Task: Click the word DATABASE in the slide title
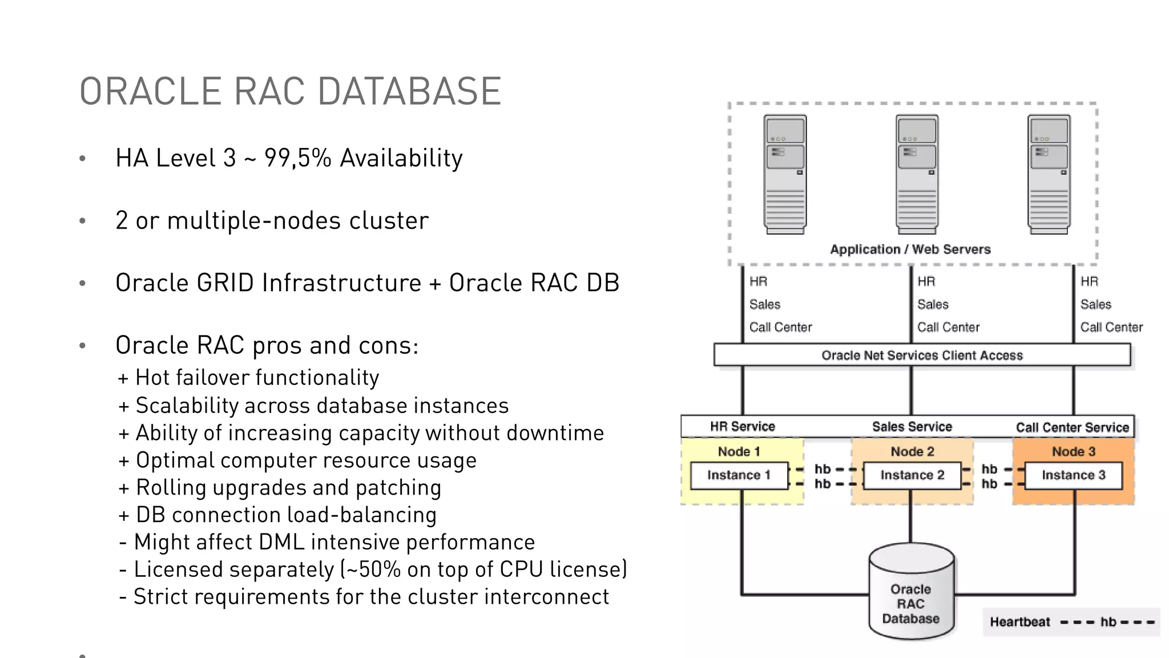[x=409, y=91]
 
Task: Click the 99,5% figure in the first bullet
[x=297, y=158]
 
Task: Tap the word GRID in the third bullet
[x=225, y=283]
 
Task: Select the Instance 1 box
[x=739, y=475]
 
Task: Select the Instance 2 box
[x=912, y=475]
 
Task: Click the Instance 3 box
[x=1073, y=475]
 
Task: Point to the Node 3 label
[x=1073, y=451]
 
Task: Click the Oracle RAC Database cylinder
[x=911, y=594]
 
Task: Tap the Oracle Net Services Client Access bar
[x=922, y=355]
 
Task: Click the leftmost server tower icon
[x=785, y=174]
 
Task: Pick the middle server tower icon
[x=917, y=174]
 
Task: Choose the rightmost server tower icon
[x=1049, y=174]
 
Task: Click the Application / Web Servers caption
[x=910, y=249]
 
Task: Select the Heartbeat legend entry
[x=1019, y=621]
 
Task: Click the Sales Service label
[x=912, y=427]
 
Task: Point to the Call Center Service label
[x=1072, y=427]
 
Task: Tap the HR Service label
[x=742, y=426]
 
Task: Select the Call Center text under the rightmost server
[x=1111, y=327]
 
